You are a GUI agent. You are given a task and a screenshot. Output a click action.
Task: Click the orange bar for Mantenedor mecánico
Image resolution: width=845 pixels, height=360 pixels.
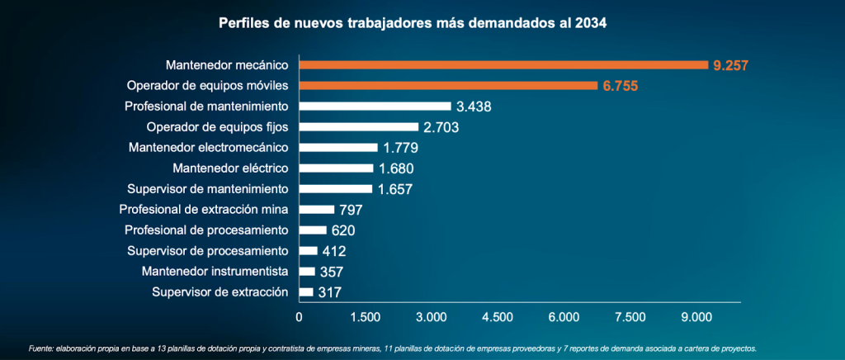[x=503, y=64]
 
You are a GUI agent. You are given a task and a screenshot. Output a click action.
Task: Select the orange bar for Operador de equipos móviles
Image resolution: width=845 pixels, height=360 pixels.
[x=448, y=85]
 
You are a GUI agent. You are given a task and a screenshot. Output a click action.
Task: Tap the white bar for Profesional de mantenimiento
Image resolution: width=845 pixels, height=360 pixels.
[x=375, y=106]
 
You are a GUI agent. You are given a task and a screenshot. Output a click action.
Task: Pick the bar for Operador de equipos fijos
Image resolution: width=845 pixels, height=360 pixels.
[x=359, y=126]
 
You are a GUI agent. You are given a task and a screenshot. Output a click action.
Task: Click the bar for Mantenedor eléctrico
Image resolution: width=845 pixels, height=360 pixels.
[x=336, y=168]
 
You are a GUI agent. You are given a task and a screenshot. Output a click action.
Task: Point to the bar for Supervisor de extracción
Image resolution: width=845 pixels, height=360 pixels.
[x=306, y=291]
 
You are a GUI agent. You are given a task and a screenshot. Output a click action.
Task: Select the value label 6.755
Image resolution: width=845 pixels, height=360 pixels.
[x=620, y=86]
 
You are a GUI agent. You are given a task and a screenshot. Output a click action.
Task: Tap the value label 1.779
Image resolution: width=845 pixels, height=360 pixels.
[x=400, y=148]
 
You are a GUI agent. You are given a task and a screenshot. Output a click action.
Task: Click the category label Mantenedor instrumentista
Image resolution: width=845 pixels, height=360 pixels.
[x=215, y=271]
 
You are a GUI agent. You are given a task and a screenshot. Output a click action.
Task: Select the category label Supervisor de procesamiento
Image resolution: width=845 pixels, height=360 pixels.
[x=207, y=250]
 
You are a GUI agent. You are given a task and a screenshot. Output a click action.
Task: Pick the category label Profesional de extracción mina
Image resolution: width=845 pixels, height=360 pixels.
[x=204, y=209]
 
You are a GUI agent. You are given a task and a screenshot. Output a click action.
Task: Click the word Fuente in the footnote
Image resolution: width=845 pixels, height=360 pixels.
[x=41, y=348]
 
